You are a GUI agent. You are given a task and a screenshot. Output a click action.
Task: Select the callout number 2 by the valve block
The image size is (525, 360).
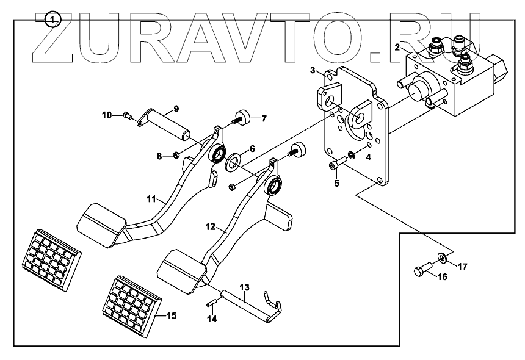tap(397, 46)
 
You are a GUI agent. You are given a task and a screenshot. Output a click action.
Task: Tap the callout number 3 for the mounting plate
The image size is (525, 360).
tap(313, 71)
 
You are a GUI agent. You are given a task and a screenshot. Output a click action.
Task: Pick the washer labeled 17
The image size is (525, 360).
tap(441, 258)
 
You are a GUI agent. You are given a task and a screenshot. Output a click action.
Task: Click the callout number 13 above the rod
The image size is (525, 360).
tap(244, 286)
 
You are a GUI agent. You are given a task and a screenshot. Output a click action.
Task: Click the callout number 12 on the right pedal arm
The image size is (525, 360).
tap(210, 226)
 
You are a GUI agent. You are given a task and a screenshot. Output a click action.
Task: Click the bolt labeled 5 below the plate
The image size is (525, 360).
tap(338, 164)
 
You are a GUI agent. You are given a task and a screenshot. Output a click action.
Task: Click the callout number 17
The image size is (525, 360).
tap(462, 266)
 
